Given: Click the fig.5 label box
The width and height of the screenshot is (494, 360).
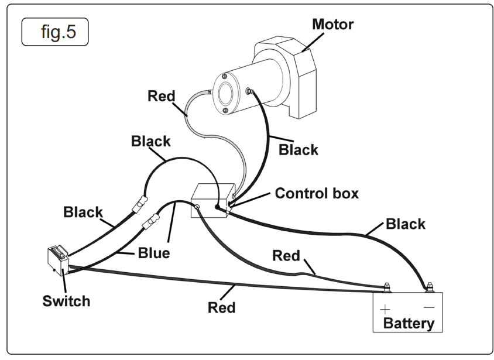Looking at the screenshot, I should click(x=55, y=32).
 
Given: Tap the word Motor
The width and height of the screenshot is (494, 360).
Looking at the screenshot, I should click(x=332, y=25).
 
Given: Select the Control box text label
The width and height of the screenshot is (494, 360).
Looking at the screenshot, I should click(x=317, y=193).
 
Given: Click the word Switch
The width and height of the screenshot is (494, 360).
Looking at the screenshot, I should click(x=66, y=301).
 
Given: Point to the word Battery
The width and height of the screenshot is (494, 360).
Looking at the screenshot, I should click(x=409, y=323).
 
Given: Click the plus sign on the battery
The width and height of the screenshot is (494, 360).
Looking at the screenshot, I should click(x=385, y=308).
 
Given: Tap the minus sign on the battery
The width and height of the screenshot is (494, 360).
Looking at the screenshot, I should click(x=429, y=307).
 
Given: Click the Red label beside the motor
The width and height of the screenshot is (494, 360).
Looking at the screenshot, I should click(x=161, y=95).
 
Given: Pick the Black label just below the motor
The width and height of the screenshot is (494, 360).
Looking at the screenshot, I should click(x=298, y=150).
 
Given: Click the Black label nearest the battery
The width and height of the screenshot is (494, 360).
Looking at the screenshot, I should click(x=406, y=224).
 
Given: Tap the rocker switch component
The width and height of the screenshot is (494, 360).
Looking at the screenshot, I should click(x=57, y=259).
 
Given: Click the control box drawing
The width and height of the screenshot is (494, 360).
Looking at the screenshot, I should click(x=211, y=201).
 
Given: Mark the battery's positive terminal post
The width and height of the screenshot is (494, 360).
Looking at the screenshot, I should click(x=386, y=287).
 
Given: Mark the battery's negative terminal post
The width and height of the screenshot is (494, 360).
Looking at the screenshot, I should click(x=429, y=287).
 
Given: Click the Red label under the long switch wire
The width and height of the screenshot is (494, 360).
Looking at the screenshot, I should click(x=222, y=307).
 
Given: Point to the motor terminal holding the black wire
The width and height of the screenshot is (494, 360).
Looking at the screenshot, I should click(x=251, y=90).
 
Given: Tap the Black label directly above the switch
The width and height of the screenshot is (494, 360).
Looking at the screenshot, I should click(x=83, y=212).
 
